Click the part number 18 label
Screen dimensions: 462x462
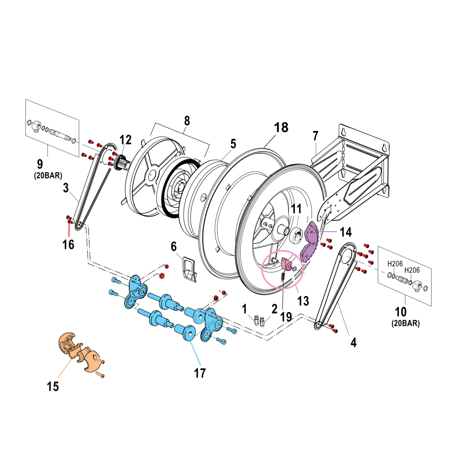pyautogui.click(x=281, y=127)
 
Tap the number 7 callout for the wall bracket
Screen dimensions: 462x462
pyautogui.click(x=315, y=136)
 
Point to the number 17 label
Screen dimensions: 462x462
pyautogui.click(x=200, y=373)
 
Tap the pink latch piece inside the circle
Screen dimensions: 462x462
pyautogui.click(x=287, y=264)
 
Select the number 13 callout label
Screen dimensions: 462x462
pyautogui.click(x=303, y=301)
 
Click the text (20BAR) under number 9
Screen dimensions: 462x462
pyautogui.click(x=48, y=176)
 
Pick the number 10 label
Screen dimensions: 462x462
pyautogui.click(x=401, y=311)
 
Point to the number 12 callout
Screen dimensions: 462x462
pyautogui.click(x=125, y=140)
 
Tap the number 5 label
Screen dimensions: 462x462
pyautogui.click(x=233, y=144)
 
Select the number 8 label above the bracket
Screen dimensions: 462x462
pyautogui.click(x=187, y=121)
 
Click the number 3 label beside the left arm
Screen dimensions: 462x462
pyautogui.click(x=66, y=188)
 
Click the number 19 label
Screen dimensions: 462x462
pyautogui.click(x=286, y=317)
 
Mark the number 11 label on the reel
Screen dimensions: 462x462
pyautogui.click(x=296, y=209)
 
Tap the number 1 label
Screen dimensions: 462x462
pyautogui.click(x=244, y=309)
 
